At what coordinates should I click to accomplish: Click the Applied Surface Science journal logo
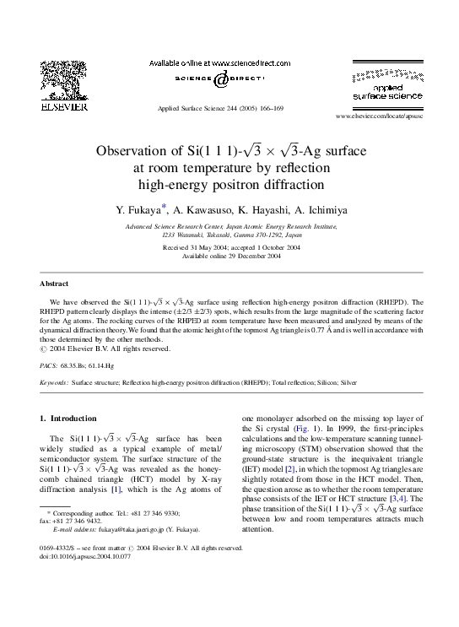(381, 85)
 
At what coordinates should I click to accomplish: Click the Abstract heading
(54, 284)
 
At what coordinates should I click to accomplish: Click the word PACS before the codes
(49, 367)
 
